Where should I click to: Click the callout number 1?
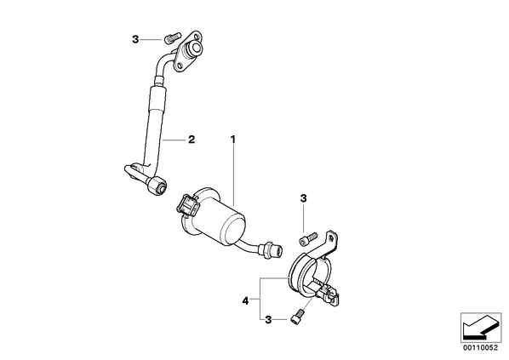tap(232, 140)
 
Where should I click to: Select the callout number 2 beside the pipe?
tap(192, 140)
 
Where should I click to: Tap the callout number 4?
tap(245, 301)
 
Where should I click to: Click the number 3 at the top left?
tap(135, 39)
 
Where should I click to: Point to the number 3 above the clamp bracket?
tap(303, 198)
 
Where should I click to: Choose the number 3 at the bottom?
tap(268, 320)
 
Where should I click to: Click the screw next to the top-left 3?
tap(172, 37)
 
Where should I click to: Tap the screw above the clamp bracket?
tap(307, 238)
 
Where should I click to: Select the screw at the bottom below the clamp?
tap(297, 317)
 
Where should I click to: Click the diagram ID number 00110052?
tap(480, 348)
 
